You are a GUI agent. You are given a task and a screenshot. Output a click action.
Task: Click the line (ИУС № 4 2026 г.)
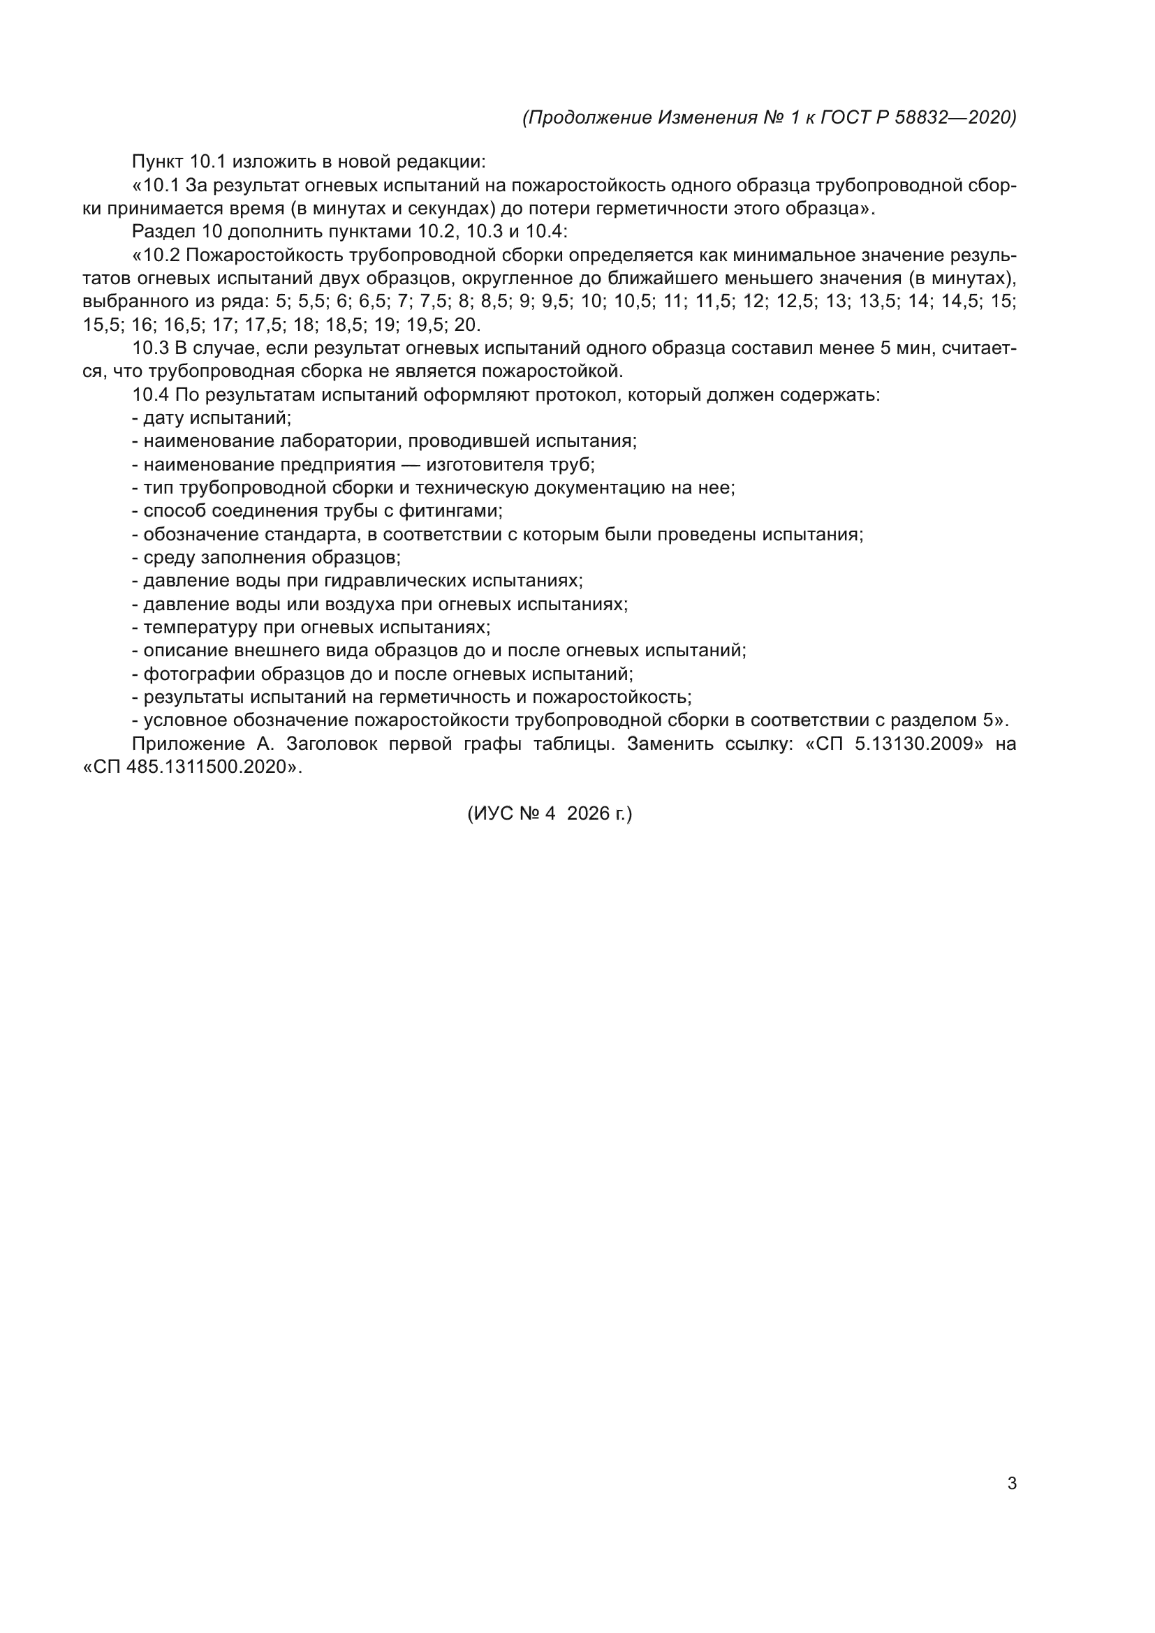549,813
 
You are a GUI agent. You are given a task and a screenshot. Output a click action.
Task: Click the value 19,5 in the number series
425,325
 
